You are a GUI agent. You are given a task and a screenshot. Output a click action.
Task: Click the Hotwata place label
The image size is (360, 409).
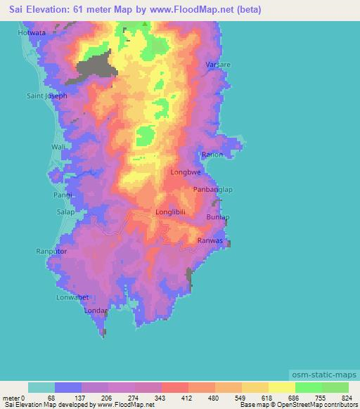[33, 33]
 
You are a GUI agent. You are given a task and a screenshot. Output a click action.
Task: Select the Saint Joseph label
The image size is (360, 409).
[46, 96]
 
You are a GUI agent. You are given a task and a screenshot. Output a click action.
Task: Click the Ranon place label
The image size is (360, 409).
[212, 155]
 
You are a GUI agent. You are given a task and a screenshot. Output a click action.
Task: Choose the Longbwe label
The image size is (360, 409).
[184, 171]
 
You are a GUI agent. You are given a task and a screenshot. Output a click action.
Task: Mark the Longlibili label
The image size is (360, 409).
[171, 212]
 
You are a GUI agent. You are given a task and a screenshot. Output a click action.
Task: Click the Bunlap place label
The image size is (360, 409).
[217, 218]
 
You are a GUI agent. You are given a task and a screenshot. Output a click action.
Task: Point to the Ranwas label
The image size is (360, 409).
[210, 240]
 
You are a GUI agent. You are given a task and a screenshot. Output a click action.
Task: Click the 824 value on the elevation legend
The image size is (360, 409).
[345, 397]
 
